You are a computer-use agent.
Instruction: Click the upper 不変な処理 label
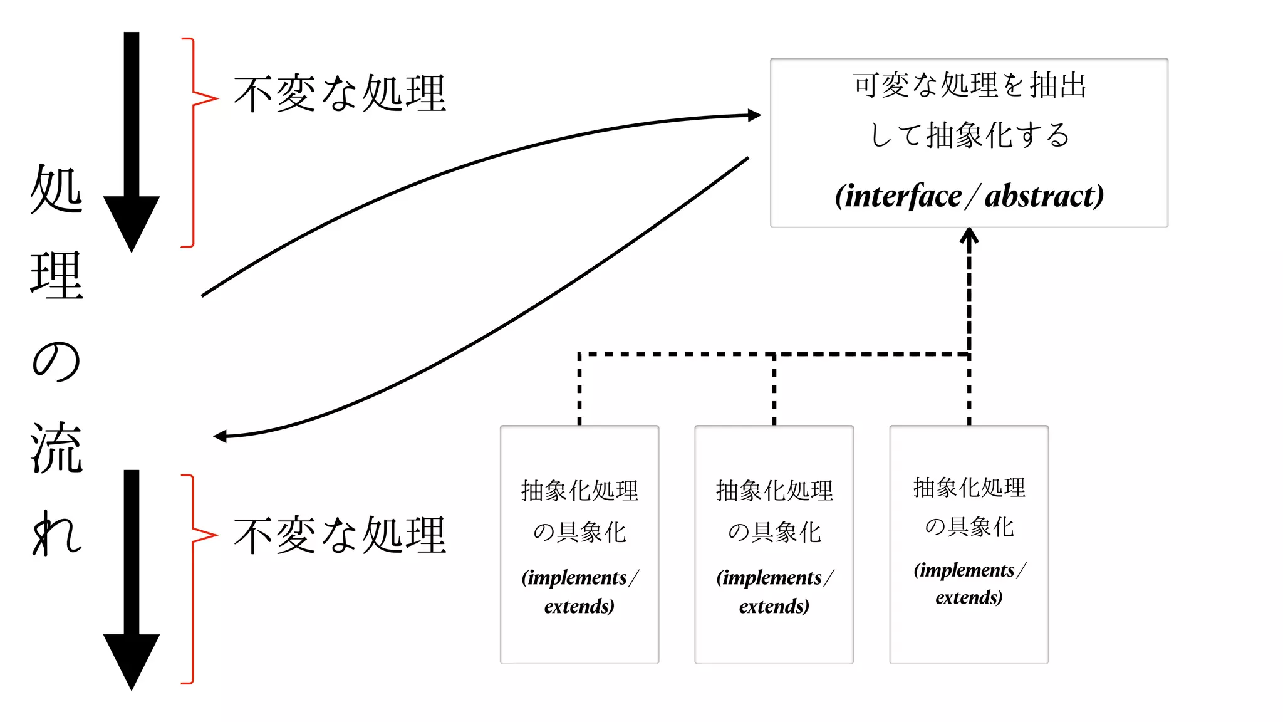(x=340, y=94)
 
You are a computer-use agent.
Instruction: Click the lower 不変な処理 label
(x=340, y=535)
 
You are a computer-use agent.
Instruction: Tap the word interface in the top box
(x=903, y=196)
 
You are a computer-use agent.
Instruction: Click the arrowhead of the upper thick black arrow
(x=132, y=222)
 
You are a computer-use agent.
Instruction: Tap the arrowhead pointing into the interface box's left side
(x=755, y=115)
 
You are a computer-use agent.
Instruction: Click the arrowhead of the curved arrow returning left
(x=220, y=436)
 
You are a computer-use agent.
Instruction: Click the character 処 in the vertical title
(x=56, y=189)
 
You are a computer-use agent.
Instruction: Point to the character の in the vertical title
(x=56, y=362)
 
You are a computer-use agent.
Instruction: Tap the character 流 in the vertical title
(x=56, y=447)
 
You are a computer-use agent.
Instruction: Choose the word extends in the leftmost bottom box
(x=579, y=606)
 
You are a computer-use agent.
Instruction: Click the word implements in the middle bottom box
(x=769, y=577)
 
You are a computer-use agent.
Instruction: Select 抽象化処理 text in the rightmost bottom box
(x=969, y=488)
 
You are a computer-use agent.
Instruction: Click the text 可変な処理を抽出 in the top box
(x=969, y=85)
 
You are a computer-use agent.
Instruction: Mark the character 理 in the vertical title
(x=56, y=276)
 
